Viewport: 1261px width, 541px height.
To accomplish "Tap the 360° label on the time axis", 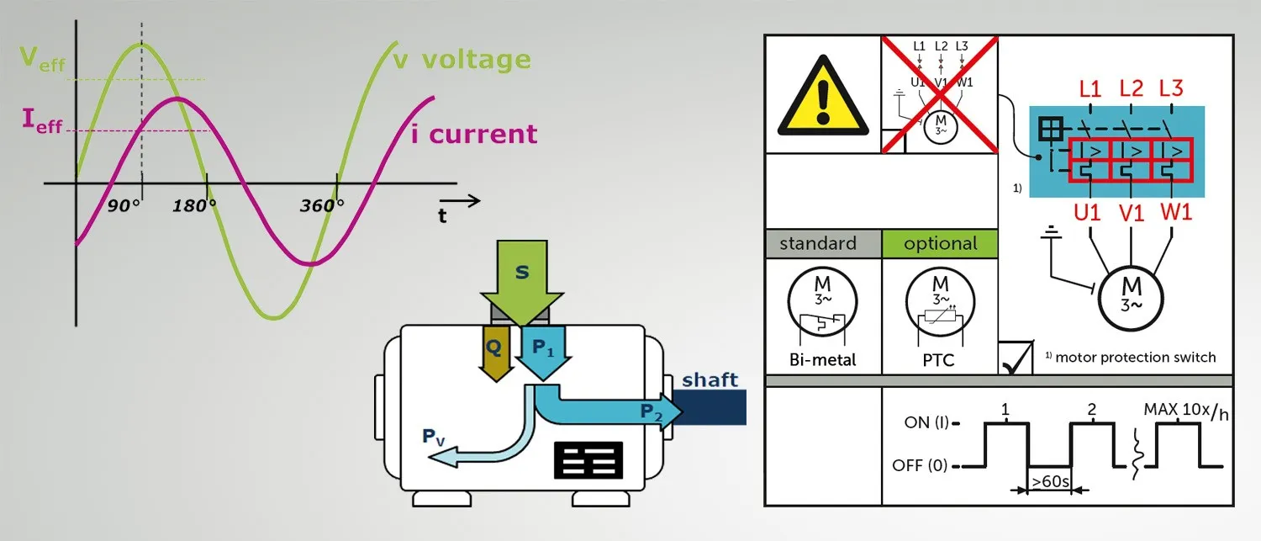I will pos(322,205).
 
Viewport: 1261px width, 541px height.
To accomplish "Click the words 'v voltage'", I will pos(462,60).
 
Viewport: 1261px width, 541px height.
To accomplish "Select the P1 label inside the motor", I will pos(540,348).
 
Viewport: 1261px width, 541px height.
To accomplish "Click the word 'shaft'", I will pos(710,379).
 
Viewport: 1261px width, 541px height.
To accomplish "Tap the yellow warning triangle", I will pos(820,96).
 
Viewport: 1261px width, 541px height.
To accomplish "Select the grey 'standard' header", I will pos(818,244).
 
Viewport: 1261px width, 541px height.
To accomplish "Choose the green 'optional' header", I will pos(940,244).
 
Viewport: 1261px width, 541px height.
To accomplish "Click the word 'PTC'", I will pos(938,360).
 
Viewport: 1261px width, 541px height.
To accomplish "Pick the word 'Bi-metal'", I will pos(824,360).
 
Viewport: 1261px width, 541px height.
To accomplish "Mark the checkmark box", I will pos(1016,358).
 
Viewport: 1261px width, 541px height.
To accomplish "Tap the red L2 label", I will pos(1132,88).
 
